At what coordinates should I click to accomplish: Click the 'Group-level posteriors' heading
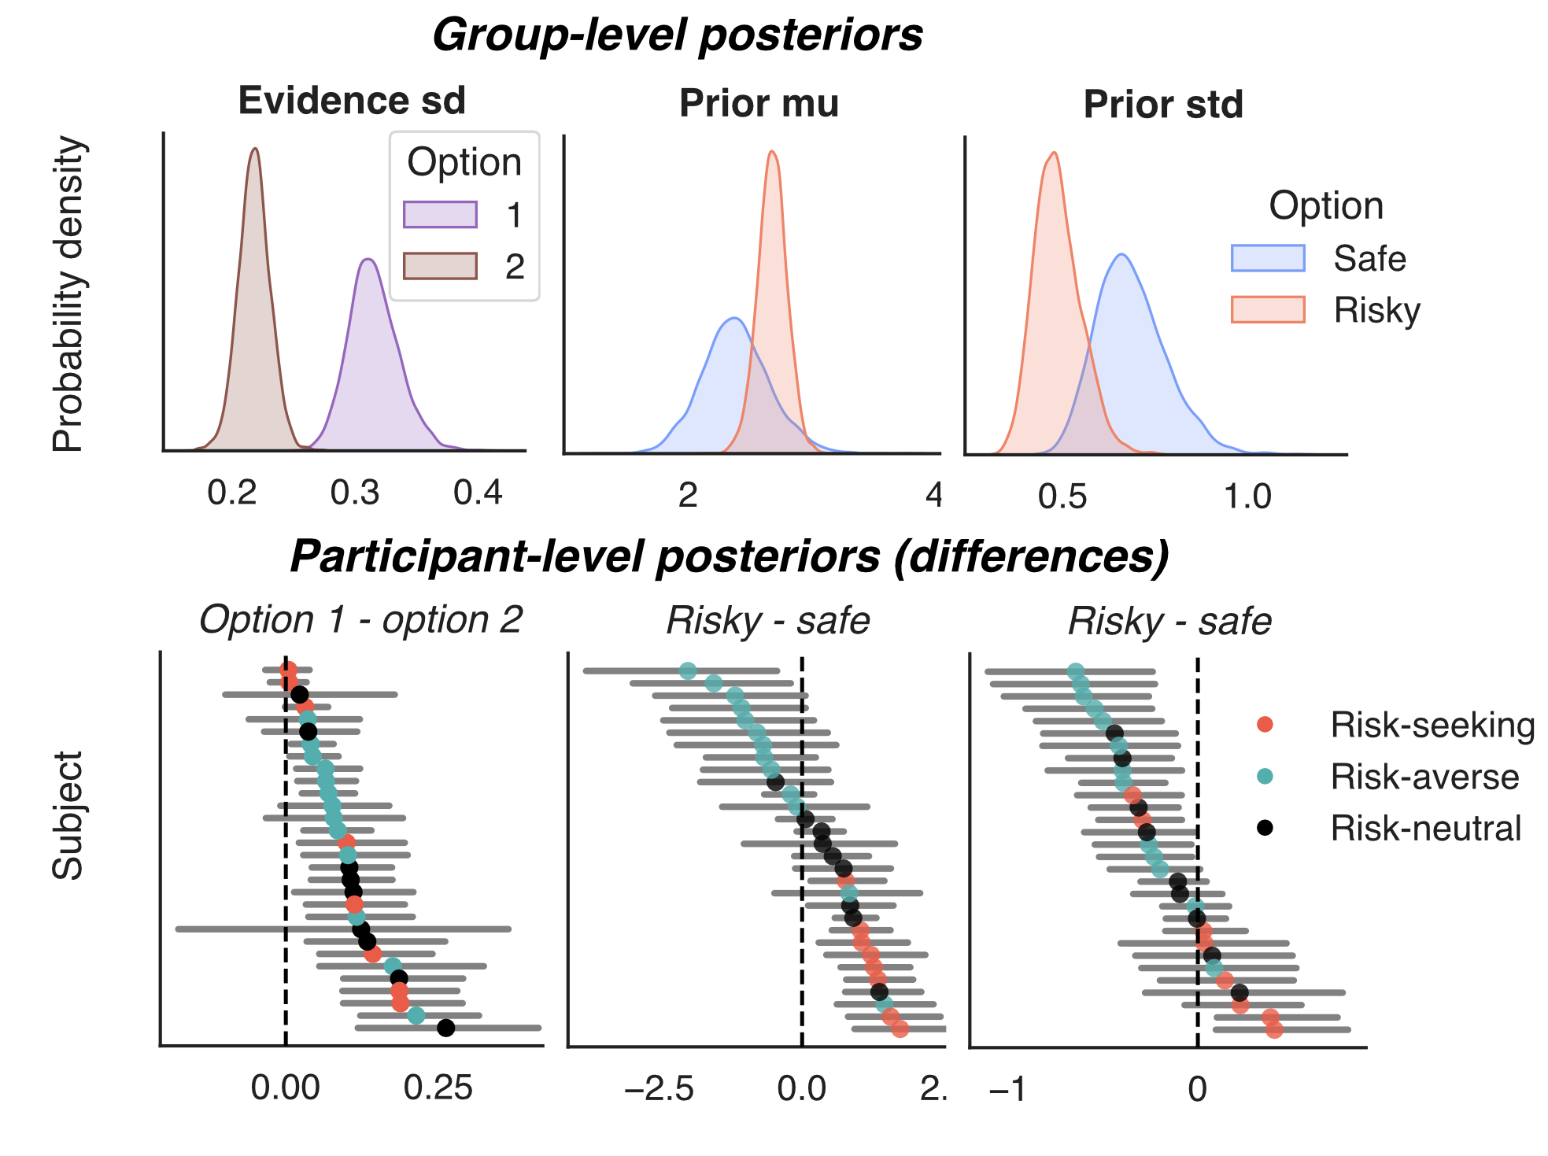[677, 36]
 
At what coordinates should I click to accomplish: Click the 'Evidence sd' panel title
[352, 102]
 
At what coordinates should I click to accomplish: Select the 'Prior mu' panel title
[759, 104]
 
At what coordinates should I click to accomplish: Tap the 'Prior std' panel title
[1162, 105]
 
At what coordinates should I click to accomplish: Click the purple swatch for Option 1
[440, 215]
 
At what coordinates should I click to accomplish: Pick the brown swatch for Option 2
[440, 266]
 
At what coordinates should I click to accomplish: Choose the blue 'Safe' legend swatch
[1267, 258]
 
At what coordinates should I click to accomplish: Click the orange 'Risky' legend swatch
[1267, 309]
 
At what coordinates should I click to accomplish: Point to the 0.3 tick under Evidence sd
[355, 493]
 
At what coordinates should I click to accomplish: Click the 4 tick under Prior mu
[933, 496]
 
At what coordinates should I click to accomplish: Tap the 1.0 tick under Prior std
[1247, 497]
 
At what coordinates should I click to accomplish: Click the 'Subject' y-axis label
[68, 814]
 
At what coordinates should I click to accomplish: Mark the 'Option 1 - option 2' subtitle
[360, 620]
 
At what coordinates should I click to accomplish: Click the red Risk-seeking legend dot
[1265, 724]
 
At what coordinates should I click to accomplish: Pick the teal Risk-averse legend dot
[1265, 776]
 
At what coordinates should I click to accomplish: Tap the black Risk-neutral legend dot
[1265, 828]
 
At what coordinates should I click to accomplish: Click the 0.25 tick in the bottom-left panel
[438, 1088]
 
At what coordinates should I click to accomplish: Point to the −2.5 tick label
[659, 1089]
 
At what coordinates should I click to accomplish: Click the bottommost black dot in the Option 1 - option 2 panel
[446, 1028]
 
